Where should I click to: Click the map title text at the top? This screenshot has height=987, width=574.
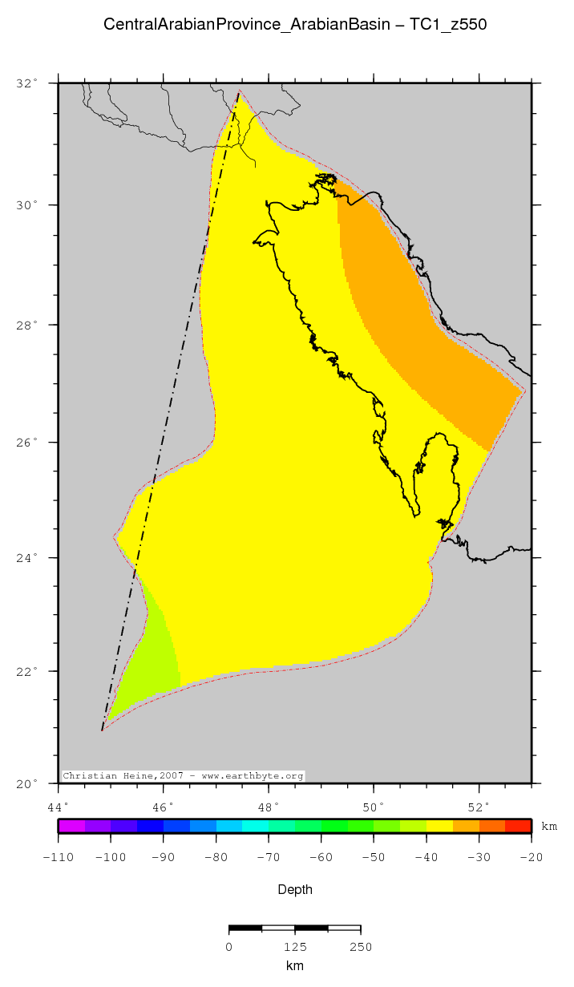[295, 25]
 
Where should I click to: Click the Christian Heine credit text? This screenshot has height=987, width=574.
[183, 776]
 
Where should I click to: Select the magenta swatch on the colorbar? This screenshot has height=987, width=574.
[71, 826]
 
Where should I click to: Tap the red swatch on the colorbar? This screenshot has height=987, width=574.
[518, 826]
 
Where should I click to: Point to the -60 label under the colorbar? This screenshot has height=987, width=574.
[321, 857]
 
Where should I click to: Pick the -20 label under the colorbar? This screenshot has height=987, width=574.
[531, 857]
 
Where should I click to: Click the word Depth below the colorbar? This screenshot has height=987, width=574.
[295, 889]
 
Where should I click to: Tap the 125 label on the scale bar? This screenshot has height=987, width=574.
[295, 947]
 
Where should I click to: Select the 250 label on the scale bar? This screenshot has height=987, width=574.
[360, 947]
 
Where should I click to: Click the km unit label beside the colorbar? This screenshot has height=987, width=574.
[549, 826]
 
